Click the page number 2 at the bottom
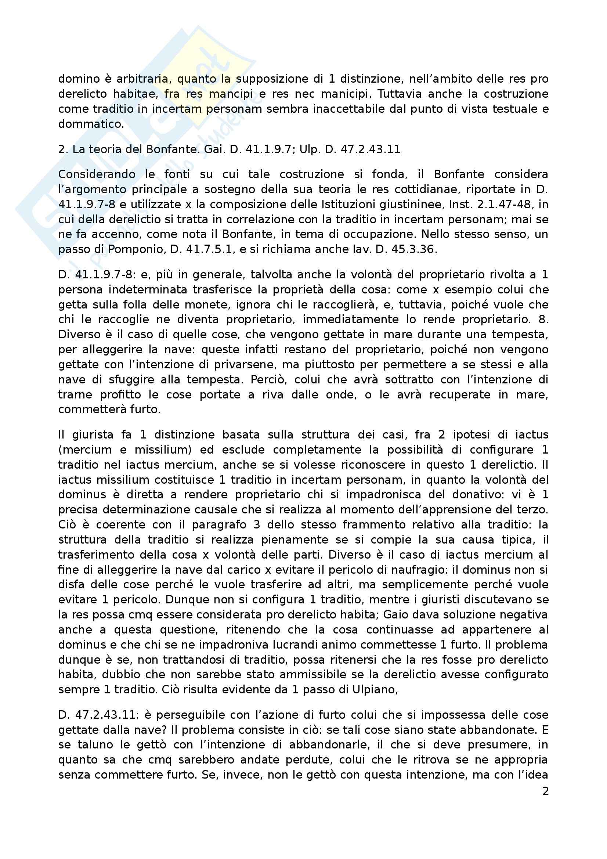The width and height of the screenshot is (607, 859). (x=545, y=791)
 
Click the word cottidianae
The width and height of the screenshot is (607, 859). (x=426, y=189)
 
